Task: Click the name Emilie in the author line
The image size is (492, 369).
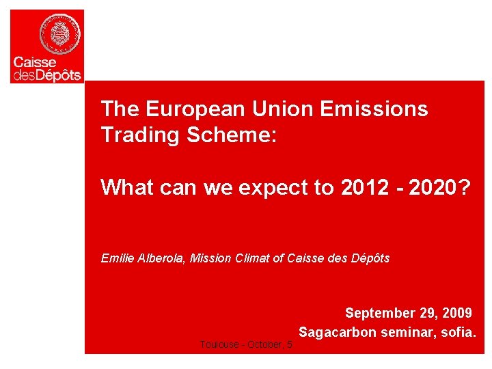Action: point(116,258)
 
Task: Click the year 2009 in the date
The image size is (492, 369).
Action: point(456,313)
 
